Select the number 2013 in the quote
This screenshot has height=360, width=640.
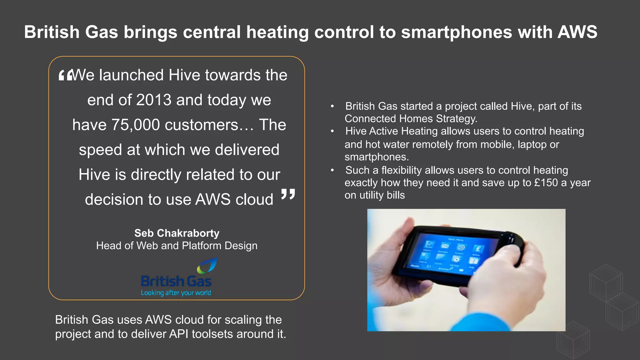tap(154, 100)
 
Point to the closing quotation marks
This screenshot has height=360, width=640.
tap(288, 194)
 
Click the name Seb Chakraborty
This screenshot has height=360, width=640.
tap(177, 233)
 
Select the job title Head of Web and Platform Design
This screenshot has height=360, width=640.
tap(177, 246)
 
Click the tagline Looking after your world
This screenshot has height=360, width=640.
tap(176, 293)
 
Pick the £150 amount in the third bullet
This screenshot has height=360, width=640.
tap(546, 183)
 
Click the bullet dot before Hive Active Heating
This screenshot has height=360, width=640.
tap(332, 132)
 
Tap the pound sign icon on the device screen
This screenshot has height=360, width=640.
tap(478, 249)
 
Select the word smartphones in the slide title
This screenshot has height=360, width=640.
tap(457, 32)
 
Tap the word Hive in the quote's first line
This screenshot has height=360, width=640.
tap(184, 75)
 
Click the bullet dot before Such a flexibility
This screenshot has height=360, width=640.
tap(332, 170)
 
